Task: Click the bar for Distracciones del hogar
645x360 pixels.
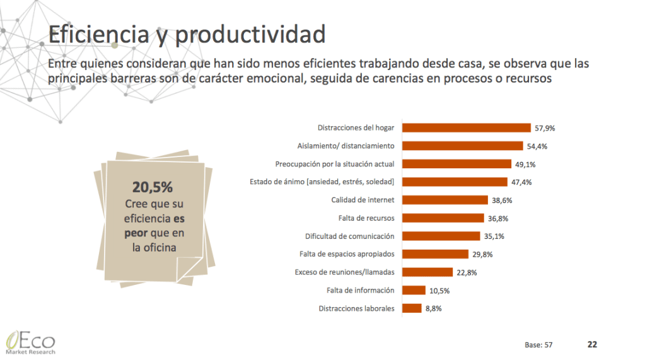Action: [x=466, y=127]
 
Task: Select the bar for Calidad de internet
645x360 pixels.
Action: [x=445, y=200]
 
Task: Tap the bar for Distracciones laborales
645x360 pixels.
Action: [x=411, y=308]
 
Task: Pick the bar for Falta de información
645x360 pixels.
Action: [x=413, y=290]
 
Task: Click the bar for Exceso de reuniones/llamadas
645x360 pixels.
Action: [x=427, y=272]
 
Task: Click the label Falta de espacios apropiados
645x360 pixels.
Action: [x=346, y=254]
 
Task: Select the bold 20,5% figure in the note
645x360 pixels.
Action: [x=152, y=187]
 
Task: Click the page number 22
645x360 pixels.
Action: [x=592, y=344]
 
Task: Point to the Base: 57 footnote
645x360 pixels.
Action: [x=538, y=345]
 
